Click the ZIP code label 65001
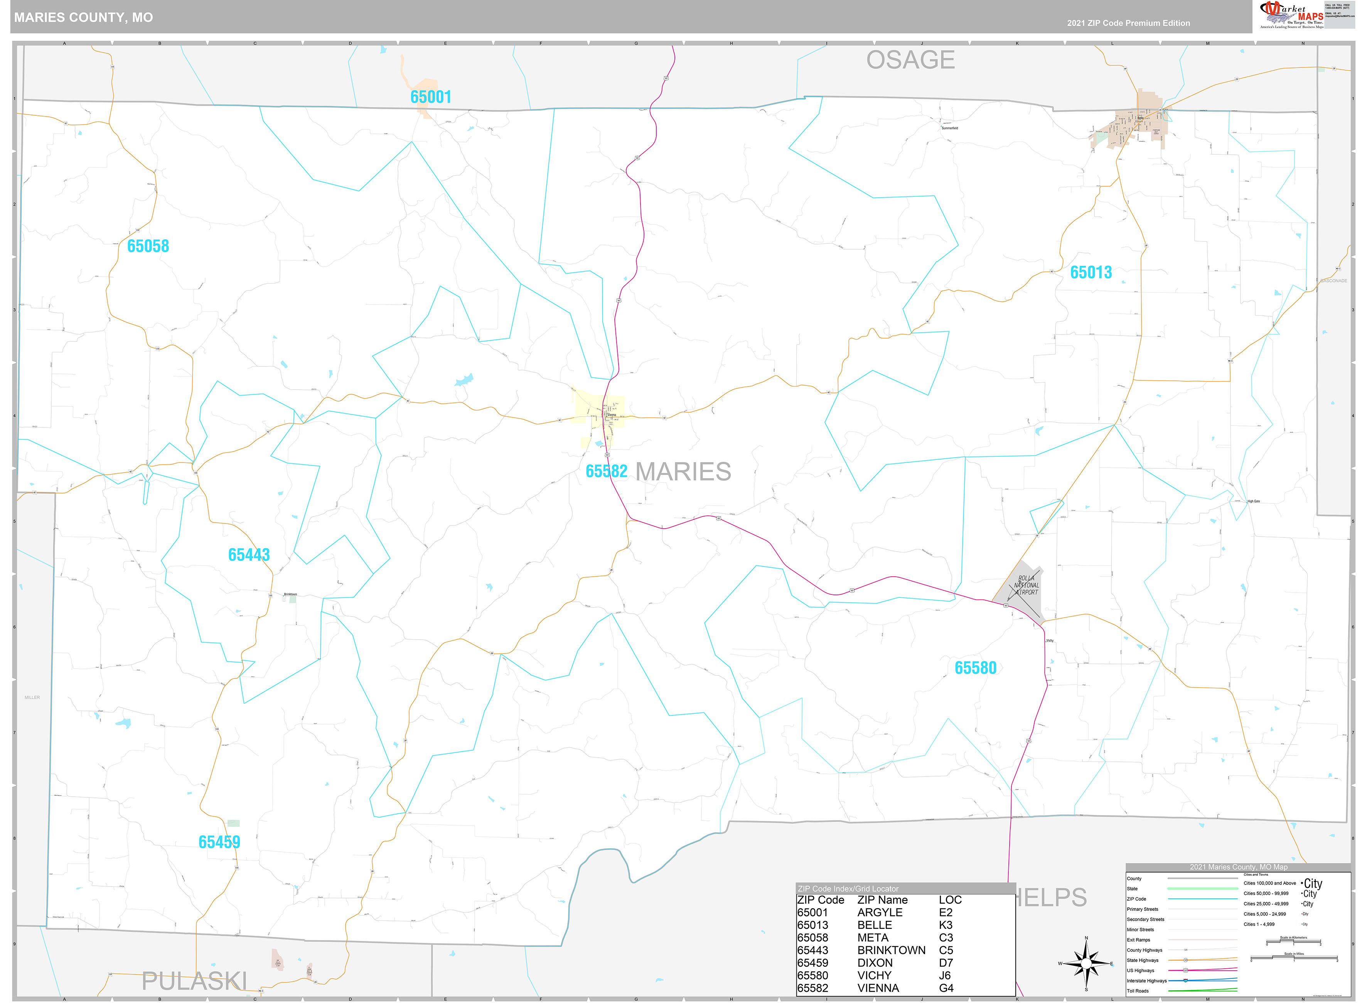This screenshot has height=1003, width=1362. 430,97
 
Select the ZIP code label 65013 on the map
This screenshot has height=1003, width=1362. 1090,273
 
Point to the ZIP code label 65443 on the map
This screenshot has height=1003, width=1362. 249,555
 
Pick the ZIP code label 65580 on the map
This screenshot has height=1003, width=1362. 975,668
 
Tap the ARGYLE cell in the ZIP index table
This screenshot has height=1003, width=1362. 880,912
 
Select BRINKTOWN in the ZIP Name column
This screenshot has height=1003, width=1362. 891,950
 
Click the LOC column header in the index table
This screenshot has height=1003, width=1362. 950,900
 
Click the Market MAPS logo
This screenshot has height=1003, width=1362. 1291,15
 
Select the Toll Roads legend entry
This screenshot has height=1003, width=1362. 1138,991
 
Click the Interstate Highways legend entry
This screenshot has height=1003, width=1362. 1146,981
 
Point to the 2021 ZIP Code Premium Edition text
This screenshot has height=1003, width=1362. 1128,23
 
